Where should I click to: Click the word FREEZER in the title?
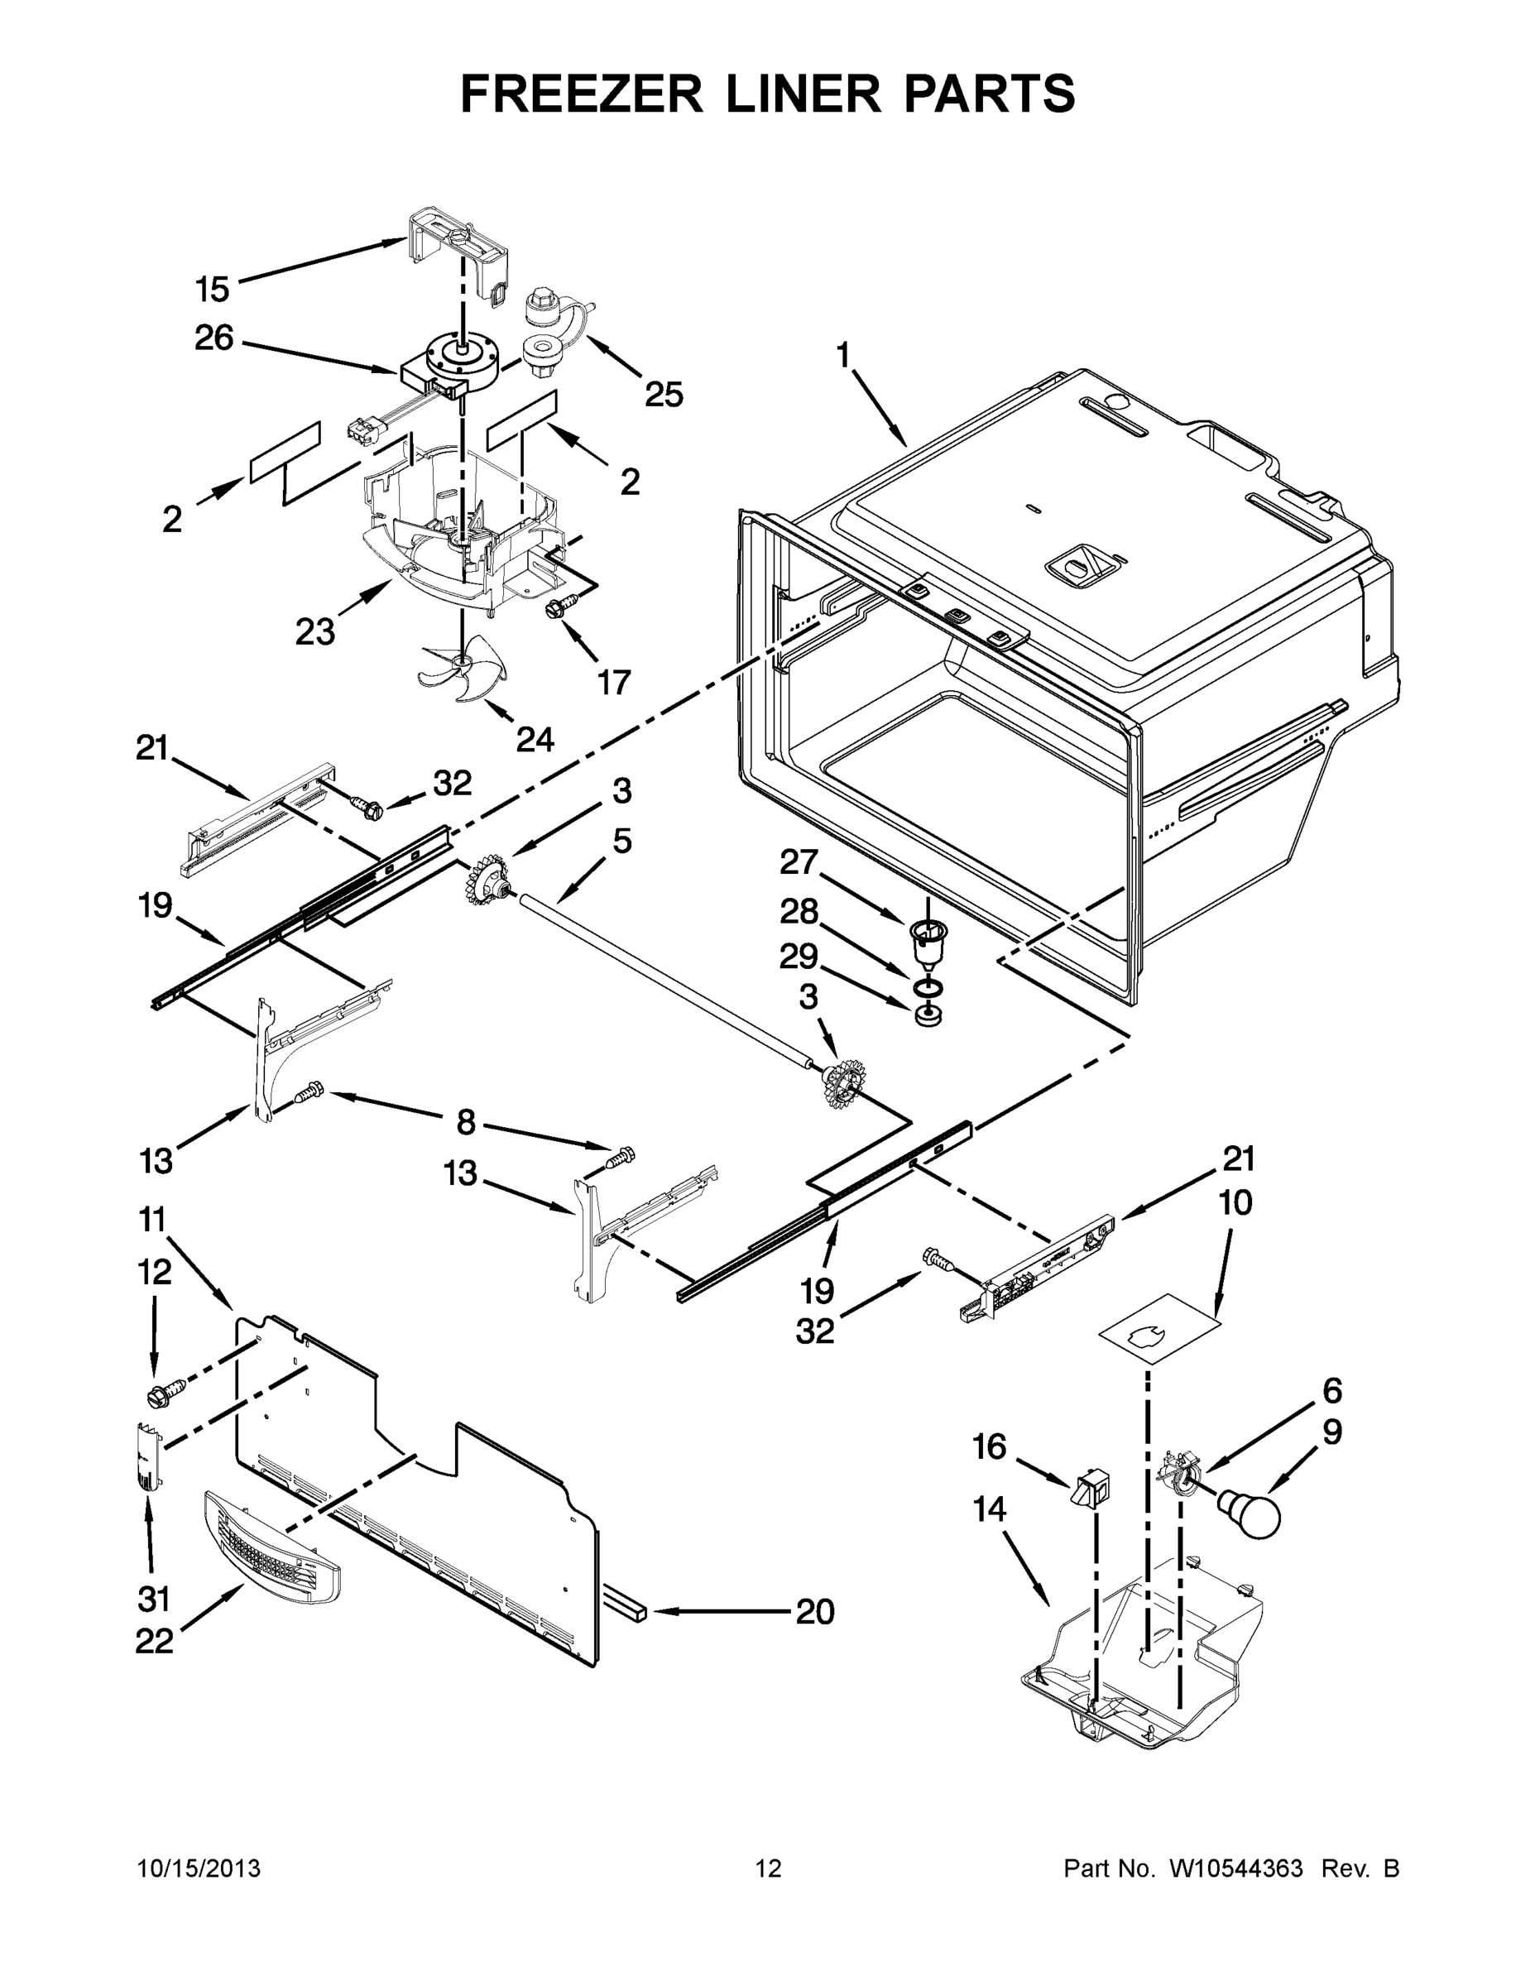tap(581, 94)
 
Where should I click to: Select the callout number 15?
tap(212, 290)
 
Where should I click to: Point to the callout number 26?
tap(213, 338)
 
